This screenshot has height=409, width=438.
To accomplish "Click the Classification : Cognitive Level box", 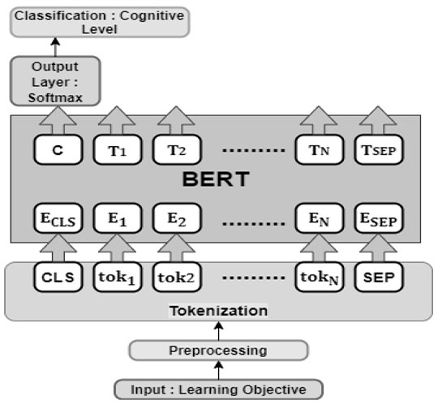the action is point(100,23).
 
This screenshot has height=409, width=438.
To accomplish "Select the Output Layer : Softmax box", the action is point(55,81).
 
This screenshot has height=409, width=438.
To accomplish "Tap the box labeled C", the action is point(58,150).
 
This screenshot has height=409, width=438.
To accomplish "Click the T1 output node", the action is point(118,150).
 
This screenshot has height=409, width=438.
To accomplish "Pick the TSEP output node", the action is point(379,150).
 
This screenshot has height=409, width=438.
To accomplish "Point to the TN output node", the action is point(320,150).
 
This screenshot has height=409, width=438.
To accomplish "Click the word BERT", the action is point(216,179).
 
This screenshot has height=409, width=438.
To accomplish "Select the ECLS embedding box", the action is point(58,218).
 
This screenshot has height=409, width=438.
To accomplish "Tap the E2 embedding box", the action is point(177,218).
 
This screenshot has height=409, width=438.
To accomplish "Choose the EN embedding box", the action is point(320,218).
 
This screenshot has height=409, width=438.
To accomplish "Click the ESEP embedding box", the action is point(379,218).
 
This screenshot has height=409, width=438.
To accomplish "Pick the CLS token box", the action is point(58,277).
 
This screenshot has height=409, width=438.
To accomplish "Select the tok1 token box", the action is point(118,277).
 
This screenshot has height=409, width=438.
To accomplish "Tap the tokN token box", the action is point(320,277).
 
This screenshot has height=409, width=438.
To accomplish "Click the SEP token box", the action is point(379,277).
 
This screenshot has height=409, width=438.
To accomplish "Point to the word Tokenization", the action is point(218,311).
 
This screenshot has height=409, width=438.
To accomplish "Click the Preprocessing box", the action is point(218,351).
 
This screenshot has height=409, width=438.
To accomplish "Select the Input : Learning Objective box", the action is point(218,390).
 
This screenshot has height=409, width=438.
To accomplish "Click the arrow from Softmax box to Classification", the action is point(55,47).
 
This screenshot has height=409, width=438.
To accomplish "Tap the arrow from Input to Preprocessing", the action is point(218,370).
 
